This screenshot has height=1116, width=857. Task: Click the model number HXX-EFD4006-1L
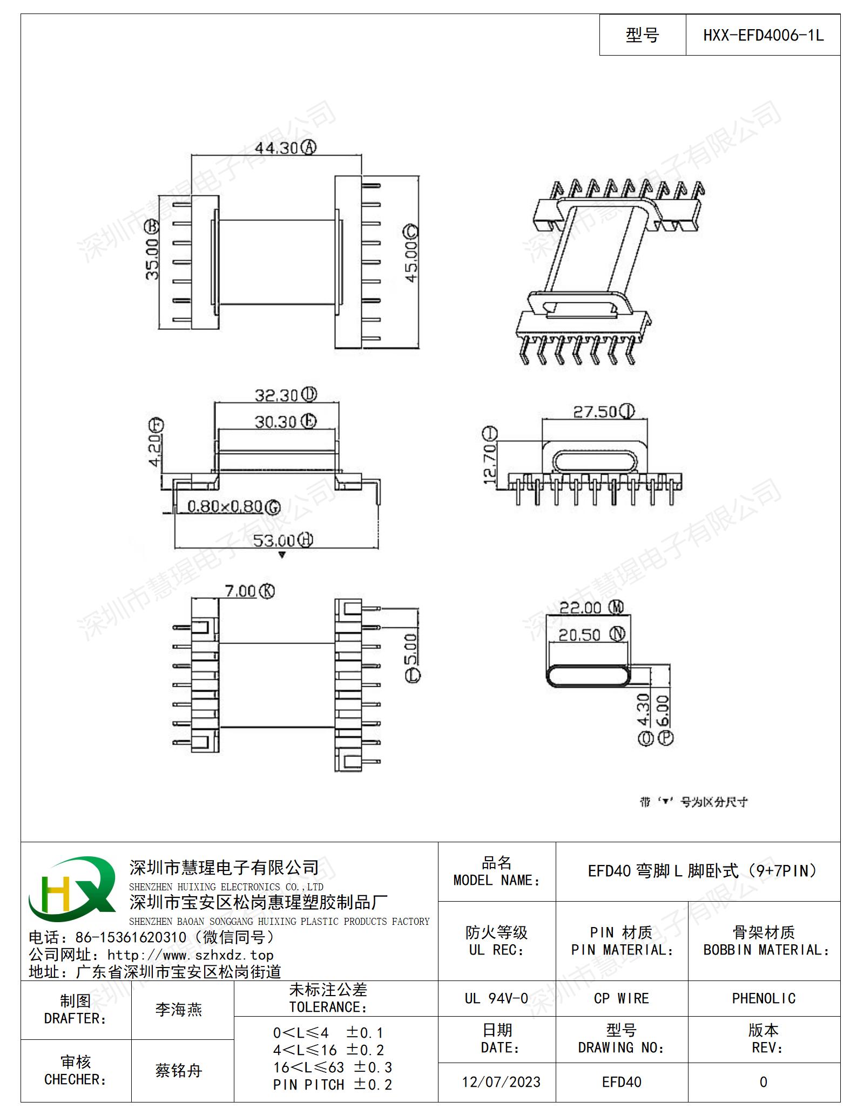coord(763,36)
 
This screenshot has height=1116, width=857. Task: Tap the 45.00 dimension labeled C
coord(411,253)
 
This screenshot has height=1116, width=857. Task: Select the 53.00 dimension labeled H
coord(283,540)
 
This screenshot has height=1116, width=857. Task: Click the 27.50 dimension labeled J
coord(604,411)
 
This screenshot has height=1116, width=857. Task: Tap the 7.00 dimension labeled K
coord(250,591)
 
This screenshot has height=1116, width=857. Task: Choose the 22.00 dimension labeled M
coord(591,607)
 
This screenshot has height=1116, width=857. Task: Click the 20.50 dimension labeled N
coord(592,634)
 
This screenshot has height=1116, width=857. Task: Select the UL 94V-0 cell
coord(496,998)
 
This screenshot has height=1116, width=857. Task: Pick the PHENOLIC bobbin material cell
coord(764,998)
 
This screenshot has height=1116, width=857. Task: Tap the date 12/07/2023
coord(501,1082)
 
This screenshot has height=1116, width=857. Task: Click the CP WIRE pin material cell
coord(622,998)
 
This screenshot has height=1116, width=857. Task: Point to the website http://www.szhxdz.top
coord(190,955)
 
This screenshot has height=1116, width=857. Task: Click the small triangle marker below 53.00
coord(281,555)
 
